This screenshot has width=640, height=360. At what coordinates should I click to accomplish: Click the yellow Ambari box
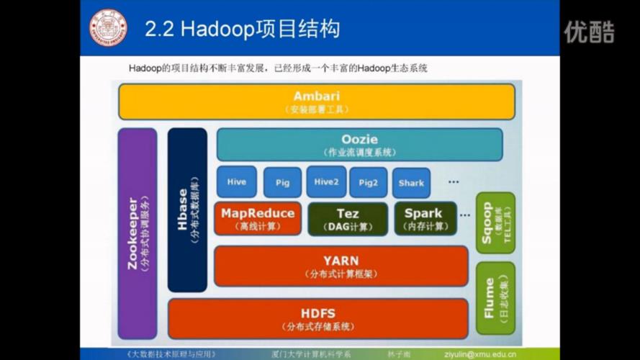317,102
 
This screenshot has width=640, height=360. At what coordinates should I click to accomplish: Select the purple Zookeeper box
137,233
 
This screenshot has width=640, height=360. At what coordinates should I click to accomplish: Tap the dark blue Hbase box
187,210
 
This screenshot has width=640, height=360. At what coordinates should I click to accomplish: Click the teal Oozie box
359,145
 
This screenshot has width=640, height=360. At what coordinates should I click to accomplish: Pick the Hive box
236,182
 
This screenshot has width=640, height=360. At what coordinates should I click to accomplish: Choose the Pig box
282,183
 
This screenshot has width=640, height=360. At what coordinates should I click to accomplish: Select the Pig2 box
368,183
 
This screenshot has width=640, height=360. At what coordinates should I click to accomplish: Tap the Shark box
411,183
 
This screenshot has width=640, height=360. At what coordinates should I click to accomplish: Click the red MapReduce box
257,218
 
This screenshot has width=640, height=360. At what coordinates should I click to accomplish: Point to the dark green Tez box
347,218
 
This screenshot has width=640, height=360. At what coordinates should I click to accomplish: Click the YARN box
341,266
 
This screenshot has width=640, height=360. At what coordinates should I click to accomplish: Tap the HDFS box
317,318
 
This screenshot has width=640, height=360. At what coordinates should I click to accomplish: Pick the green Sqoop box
495,222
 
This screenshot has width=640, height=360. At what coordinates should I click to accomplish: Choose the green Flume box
495,298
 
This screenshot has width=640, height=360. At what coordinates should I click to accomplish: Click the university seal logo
108,27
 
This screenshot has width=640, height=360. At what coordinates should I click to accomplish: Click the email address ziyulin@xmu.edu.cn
490,354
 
